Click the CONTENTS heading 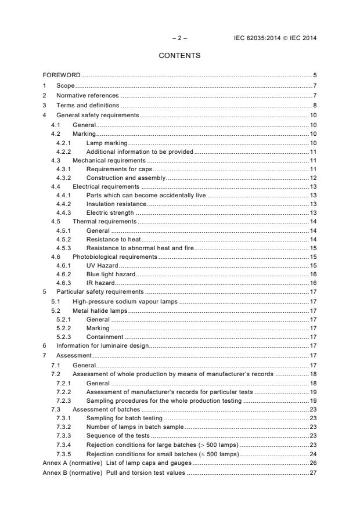tap(179, 56)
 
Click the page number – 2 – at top tap(179, 38)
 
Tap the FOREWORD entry tap(62, 75)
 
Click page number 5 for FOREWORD tap(314, 75)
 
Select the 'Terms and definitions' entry tap(88, 105)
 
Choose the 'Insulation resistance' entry tap(113, 204)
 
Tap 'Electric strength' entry tap(110, 212)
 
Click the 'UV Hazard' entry tap(102, 265)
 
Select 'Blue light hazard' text tap(110, 274)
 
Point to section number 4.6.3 tap(63, 283)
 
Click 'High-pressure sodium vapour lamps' tap(125, 301)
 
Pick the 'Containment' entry tap(105, 337)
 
